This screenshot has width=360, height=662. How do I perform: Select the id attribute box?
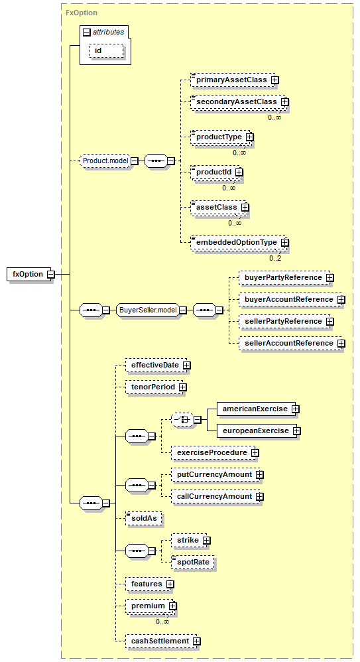pyautogui.click(x=106, y=50)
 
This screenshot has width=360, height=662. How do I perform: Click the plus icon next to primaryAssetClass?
pyautogui.click(x=274, y=80)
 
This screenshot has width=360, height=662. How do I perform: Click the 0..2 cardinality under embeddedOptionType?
pyautogui.click(x=275, y=258)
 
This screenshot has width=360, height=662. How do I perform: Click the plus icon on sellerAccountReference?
pyautogui.click(x=341, y=343)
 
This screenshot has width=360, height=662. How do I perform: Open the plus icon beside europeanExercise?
pyautogui.click(x=297, y=431)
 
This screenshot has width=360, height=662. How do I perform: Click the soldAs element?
pyautogui.click(x=144, y=519)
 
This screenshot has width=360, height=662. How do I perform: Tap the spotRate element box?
pyautogui.click(x=194, y=563)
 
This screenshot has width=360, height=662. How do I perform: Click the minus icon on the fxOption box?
pyautogui.click(x=50, y=275)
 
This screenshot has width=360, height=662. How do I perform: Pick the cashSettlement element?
pyautogui.click(x=161, y=641)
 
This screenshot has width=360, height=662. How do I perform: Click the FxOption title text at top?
pyautogui.click(x=82, y=13)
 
